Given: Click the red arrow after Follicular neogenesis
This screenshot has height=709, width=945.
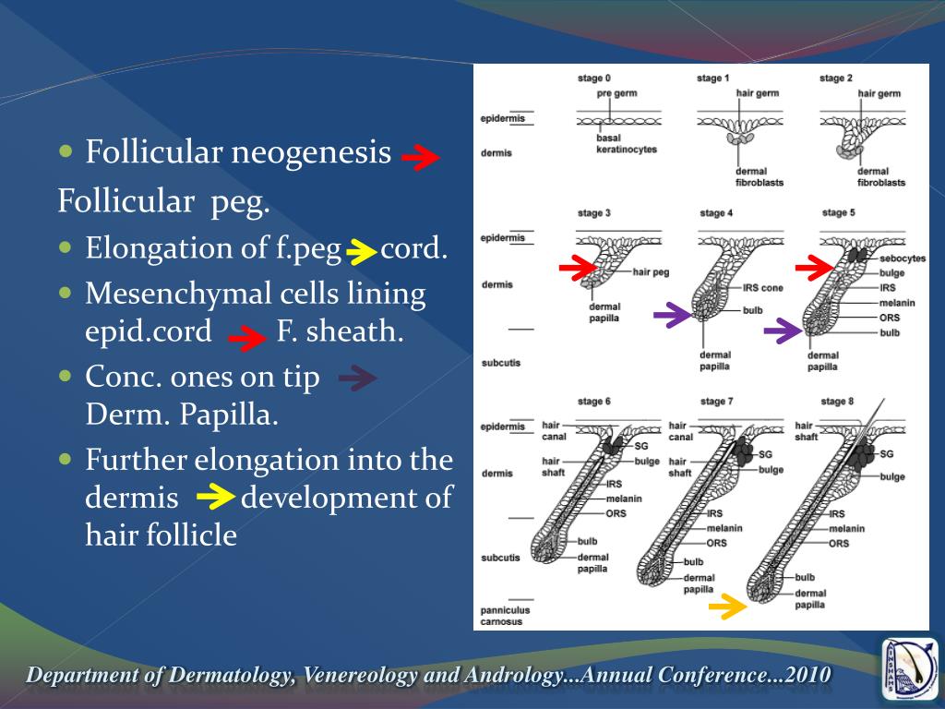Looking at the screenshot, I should click(x=420, y=159).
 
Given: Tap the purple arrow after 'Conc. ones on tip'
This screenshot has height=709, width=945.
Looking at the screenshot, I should click(x=357, y=378).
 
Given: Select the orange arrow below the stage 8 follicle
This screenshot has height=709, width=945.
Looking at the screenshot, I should click(x=727, y=607).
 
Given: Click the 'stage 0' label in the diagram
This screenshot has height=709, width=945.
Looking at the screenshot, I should click(x=593, y=78).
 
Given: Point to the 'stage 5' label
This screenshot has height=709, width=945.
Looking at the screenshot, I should click(x=838, y=212).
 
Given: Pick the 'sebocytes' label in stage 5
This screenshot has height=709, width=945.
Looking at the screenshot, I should click(x=903, y=258).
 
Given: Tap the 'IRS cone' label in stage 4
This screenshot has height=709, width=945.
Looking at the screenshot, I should click(x=763, y=288).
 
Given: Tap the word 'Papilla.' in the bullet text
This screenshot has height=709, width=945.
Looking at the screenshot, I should click(x=228, y=415).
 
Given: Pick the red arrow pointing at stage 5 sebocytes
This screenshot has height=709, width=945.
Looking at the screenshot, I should click(x=813, y=269).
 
